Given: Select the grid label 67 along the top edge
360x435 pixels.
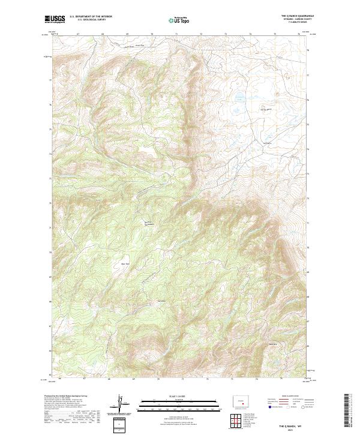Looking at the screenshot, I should [x=79, y=34].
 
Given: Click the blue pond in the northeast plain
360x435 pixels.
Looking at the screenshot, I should [x=239, y=96].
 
